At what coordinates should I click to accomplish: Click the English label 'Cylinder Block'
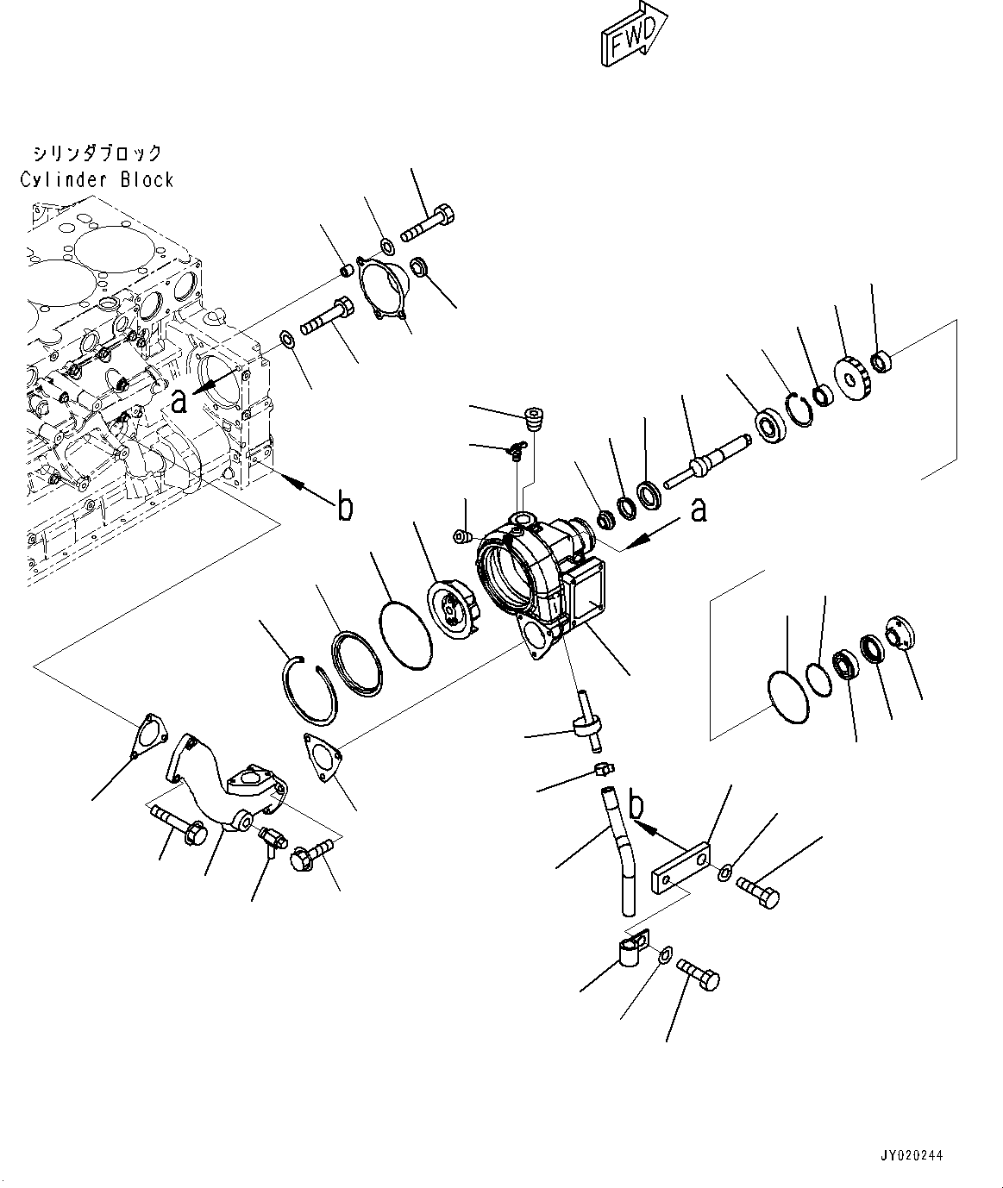coord(97,179)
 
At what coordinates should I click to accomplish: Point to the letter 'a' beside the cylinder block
coord(179,400)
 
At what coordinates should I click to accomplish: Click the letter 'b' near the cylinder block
coord(344,508)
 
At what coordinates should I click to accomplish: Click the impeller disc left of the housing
coord(453,609)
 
